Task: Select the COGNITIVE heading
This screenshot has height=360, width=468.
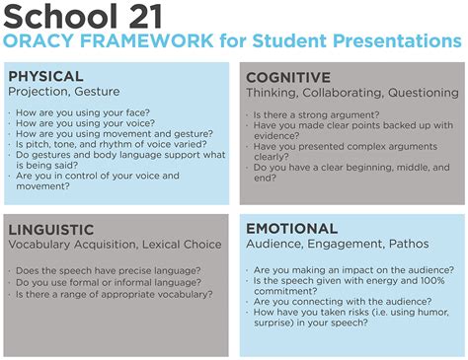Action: (x=288, y=77)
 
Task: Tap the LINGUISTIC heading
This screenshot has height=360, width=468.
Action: (x=51, y=229)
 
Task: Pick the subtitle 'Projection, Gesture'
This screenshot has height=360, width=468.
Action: (x=63, y=92)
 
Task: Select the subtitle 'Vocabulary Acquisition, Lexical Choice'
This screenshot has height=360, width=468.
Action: (x=117, y=245)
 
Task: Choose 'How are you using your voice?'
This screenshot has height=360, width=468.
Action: (x=81, y=125)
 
